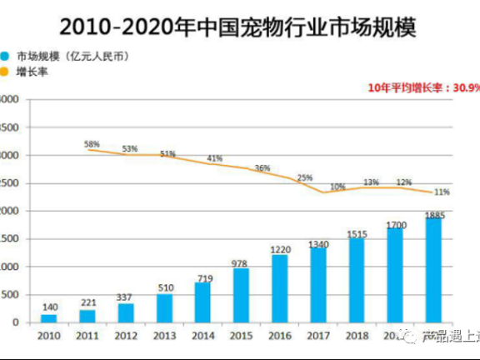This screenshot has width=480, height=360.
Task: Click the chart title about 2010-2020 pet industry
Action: [x=240, y=27]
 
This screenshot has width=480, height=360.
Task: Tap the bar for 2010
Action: [x=49, y=317]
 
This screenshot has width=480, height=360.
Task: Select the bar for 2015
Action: [x=240, y=295]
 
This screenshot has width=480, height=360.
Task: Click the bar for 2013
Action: [x=164, y=307]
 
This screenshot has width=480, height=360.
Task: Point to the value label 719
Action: [x=202, y=277]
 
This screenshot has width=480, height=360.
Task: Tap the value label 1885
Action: [x=433, y=215]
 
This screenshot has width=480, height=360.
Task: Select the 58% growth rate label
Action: [x=92, y=143]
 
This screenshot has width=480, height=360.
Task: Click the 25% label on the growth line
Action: [x=304, y=177]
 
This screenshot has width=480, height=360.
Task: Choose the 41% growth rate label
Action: [x=215, y=158]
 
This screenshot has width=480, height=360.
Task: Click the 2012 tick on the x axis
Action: [x=126, y=335]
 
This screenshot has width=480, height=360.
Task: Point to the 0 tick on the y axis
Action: [x=16, y=322]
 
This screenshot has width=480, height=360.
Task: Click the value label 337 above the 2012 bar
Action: [x=126, y=297]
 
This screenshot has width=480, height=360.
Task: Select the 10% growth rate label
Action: [x=337, y=187]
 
